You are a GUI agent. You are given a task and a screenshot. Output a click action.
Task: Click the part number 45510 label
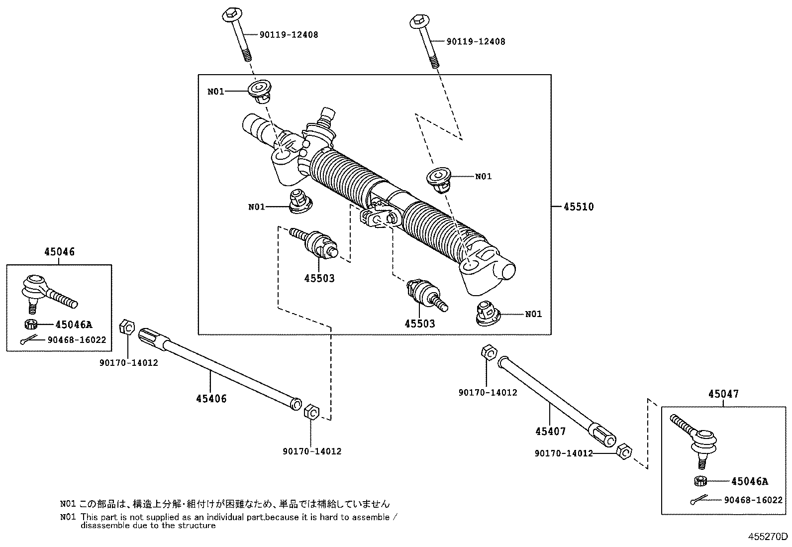click(578, 207)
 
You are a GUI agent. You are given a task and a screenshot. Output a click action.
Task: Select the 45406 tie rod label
click(211, 399)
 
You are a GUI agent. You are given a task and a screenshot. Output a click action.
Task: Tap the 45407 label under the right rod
click(550, 431)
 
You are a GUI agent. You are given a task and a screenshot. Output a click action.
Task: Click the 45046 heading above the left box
click(59, 252)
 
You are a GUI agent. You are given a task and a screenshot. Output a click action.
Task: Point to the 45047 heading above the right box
click(723, 394)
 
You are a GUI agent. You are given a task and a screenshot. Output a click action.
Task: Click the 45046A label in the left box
click(74, 325)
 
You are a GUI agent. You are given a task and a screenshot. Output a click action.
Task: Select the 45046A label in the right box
click(749, 481)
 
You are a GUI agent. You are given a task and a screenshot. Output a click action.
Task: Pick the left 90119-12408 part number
click(289, 35)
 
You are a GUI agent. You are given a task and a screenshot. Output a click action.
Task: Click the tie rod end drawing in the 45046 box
click(47, 292)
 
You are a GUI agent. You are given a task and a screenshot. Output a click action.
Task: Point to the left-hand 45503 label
click(319, 278)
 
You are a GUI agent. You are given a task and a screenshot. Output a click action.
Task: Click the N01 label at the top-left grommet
click(216, 92)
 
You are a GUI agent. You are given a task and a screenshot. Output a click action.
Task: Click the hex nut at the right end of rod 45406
click(310, 413)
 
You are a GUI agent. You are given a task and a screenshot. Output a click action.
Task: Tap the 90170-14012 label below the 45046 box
click(128, 363)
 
